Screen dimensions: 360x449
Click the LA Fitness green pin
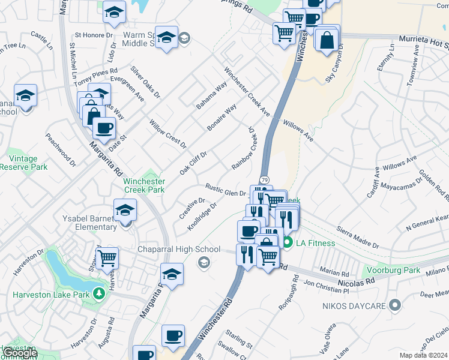[288, 242]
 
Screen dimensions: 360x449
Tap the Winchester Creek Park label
[144, 185]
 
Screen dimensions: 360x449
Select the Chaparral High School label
[179, 249]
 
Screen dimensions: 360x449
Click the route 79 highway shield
[264, 180]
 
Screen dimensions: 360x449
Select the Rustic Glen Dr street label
[226, 190]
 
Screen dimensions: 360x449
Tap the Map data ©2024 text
[424, 355]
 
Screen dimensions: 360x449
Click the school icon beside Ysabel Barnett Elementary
[125, 210]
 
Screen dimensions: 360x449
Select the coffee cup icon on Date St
[104, 128]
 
